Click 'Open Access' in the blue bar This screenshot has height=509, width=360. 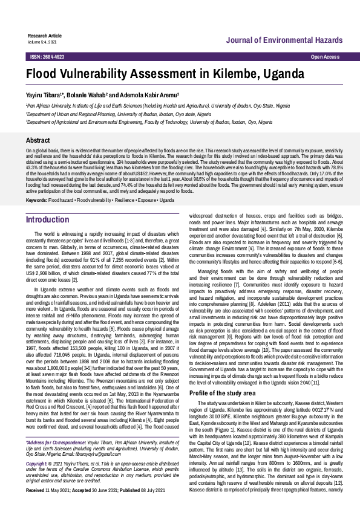pos(325,56)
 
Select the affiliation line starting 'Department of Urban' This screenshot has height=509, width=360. pos(118,113)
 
